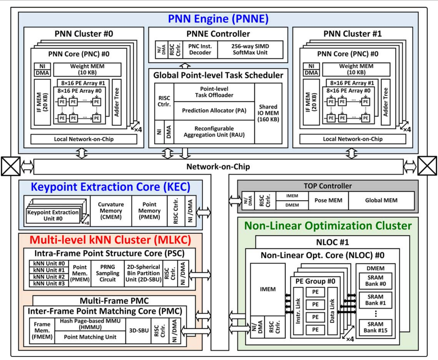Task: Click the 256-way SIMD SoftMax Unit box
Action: click(250, 49)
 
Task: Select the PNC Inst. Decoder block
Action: click(200, 49)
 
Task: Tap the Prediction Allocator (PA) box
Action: click(214, 111)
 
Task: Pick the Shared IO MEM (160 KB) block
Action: click(268, 113)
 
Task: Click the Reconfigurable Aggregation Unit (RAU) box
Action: click(214, 132)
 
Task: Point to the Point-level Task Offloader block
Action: click(214, 92)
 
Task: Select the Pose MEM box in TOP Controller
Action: click(328, 200)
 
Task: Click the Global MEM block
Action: click(381, 200)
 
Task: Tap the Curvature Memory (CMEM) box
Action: click(111, 211)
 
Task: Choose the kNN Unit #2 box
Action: click(49, 277)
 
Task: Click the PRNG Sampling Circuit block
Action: click(108, 273)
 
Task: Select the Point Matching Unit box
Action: click(90, 337)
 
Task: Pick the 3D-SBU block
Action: click(139, 330)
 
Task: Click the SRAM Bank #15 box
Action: click(375, 327)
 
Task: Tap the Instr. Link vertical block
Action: click(298, 311)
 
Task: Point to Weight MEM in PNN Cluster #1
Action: click(356, 69)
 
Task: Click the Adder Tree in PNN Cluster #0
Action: click(116, 102)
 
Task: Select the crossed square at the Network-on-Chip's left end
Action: click(11, 166)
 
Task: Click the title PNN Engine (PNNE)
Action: click(218, 19)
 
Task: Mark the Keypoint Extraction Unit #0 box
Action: click(53, 215)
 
